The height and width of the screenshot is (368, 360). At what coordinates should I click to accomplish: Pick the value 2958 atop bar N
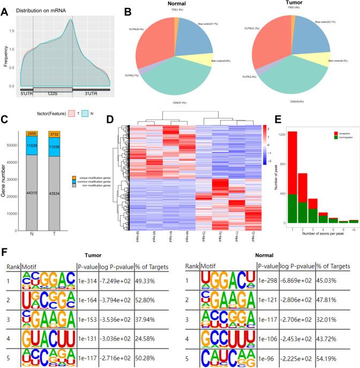[x=32, y=133]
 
